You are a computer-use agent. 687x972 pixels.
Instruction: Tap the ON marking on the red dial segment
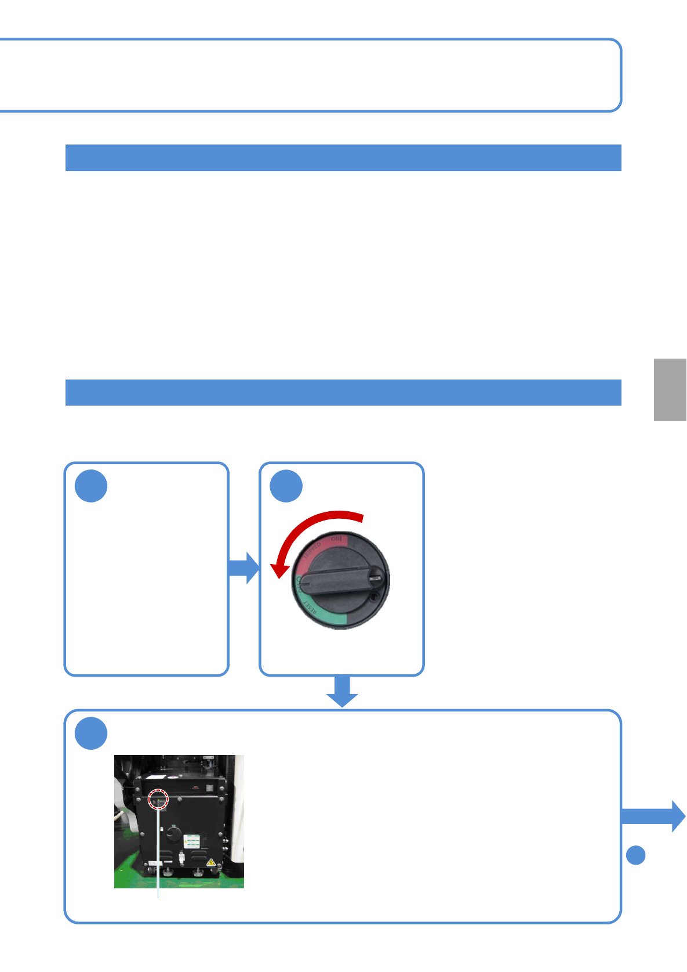point(336,540)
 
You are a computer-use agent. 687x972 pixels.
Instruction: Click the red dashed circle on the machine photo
point(158,799)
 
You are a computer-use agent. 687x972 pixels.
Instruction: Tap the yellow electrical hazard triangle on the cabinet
point(210,862)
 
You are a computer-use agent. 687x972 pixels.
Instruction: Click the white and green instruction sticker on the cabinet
point(192,841)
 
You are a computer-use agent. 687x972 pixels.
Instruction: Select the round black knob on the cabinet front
point(173,833)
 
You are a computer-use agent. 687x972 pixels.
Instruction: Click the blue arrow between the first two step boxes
point(244,568)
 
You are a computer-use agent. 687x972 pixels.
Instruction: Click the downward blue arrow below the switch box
point(342,691)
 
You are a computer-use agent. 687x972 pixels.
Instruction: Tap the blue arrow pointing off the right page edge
point(654,816)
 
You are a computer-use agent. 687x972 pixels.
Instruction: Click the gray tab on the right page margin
point(670,389)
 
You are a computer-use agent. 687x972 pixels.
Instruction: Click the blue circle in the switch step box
point(286,486)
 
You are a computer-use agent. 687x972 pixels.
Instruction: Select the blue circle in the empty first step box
point(91,486)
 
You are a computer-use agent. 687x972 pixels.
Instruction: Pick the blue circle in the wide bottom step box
point(91,733)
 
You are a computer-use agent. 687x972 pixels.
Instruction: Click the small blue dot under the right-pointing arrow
point(636,855)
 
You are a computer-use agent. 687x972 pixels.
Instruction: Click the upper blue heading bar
point(343,158)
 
